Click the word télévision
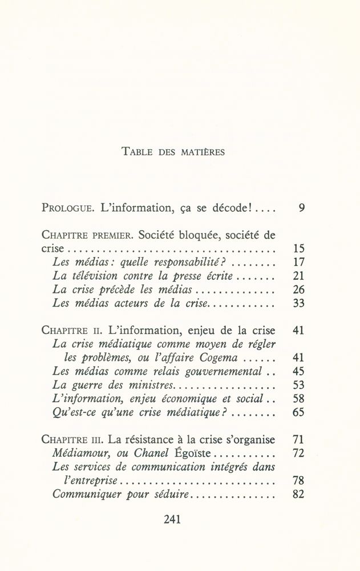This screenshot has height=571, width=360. (x=96, y=277)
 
